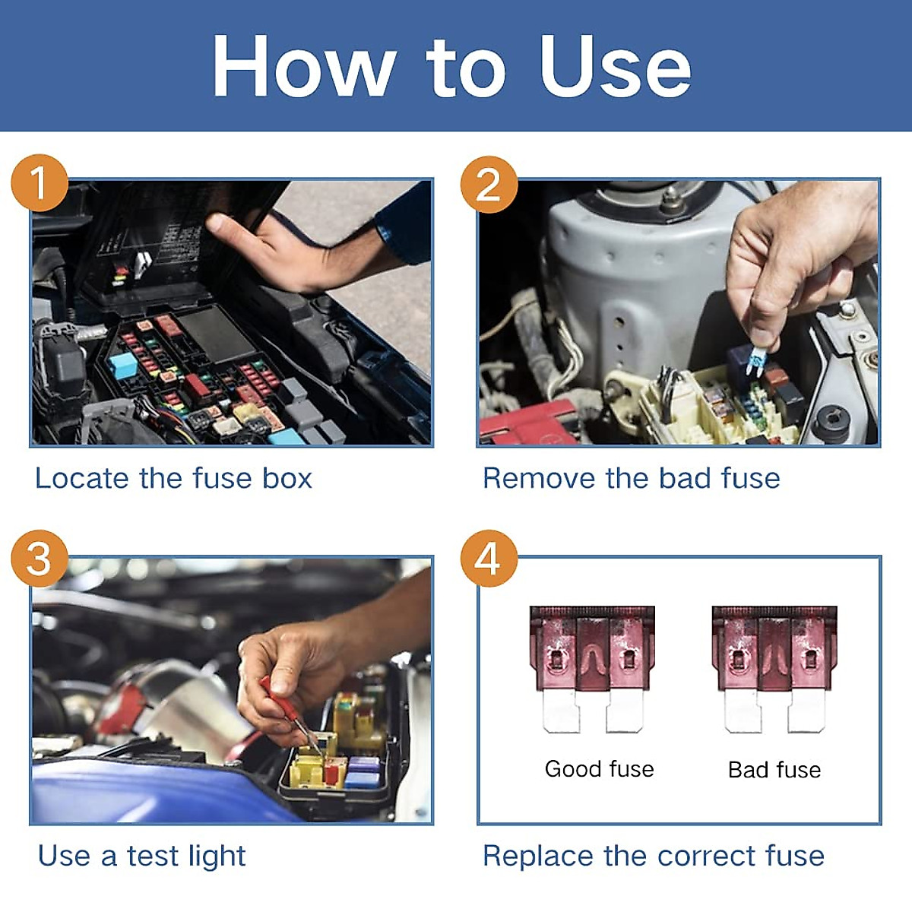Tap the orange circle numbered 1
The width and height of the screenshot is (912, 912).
(40, 183)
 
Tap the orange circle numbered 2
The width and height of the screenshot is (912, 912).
(489, 185)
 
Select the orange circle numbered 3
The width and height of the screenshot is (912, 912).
(40, 559)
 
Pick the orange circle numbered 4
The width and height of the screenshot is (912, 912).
(489, 559)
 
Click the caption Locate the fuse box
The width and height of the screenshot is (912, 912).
(174, 479)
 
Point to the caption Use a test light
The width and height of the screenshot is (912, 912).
(142, 856)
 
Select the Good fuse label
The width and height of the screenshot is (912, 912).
(599, 769)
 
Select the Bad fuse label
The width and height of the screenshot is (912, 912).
(774, 770)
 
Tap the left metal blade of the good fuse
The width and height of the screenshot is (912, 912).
(562, 711)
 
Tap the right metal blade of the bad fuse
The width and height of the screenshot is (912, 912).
(806, 711)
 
